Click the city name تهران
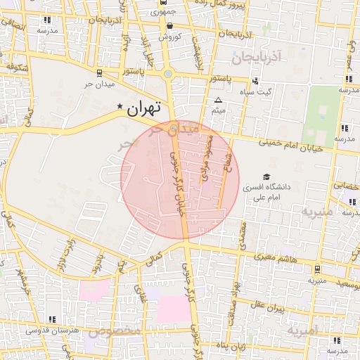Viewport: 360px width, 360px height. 144,108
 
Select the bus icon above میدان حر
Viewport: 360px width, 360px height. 98,72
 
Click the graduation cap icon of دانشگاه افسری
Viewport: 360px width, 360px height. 266,176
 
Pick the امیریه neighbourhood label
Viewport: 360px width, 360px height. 303,329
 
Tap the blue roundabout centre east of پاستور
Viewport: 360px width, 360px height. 168,74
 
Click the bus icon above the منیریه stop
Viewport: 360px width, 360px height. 317,269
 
